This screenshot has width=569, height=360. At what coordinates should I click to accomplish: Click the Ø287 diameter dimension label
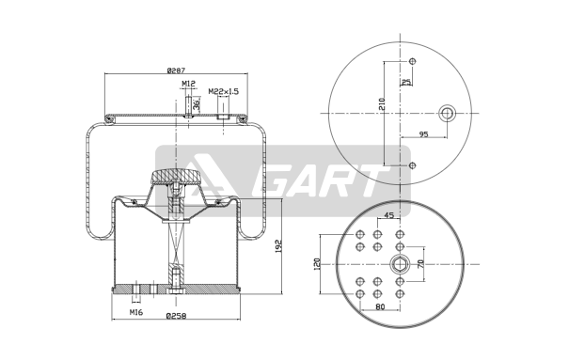pyautogui.click(x=176, y=70)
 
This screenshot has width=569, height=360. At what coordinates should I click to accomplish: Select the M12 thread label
pyautogui.click(x=188, y=84)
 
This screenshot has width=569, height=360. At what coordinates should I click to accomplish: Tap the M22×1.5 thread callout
pyautogui.click(x=224, y=91)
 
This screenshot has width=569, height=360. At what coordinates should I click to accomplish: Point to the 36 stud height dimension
pyautogui.click(x=197, y=104)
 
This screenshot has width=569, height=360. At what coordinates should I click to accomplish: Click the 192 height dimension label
pyautogui.click(x=278, y=246)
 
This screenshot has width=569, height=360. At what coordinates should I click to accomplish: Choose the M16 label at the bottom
pyautogui.click(x=136, y=312)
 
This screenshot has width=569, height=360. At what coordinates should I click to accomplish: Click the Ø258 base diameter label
pyautogui.click(x=176, y=316)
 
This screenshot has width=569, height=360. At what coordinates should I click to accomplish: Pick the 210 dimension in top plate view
pyautogui.click(x=382, y=104)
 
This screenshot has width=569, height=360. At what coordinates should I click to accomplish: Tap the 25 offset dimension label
pyautogui.click(x=407, y=82)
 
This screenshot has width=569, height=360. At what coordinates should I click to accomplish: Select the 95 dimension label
pyautogui.click(x=423, y=134)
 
